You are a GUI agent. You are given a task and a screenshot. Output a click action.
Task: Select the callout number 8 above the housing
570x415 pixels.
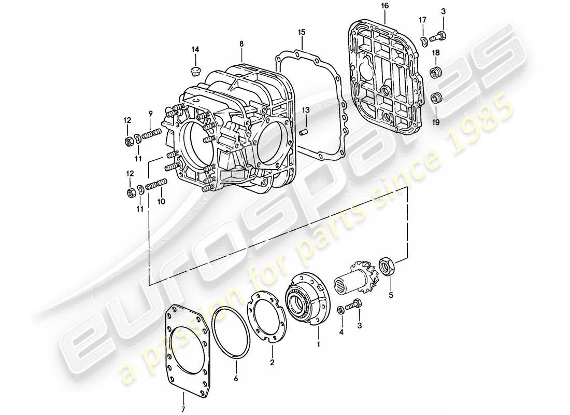point(241,45)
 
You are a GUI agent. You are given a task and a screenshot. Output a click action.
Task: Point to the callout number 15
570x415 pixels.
point(301,32)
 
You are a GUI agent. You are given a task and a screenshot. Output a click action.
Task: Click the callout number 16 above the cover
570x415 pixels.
point(383,6)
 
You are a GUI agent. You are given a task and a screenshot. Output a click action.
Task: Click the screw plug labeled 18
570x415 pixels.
point(436,72)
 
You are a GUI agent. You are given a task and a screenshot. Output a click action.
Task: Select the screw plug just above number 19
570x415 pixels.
point(436,96)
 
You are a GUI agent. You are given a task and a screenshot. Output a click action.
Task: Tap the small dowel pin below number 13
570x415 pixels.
point(306,133)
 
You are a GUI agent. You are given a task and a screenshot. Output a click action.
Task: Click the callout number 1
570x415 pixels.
point(319,343)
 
